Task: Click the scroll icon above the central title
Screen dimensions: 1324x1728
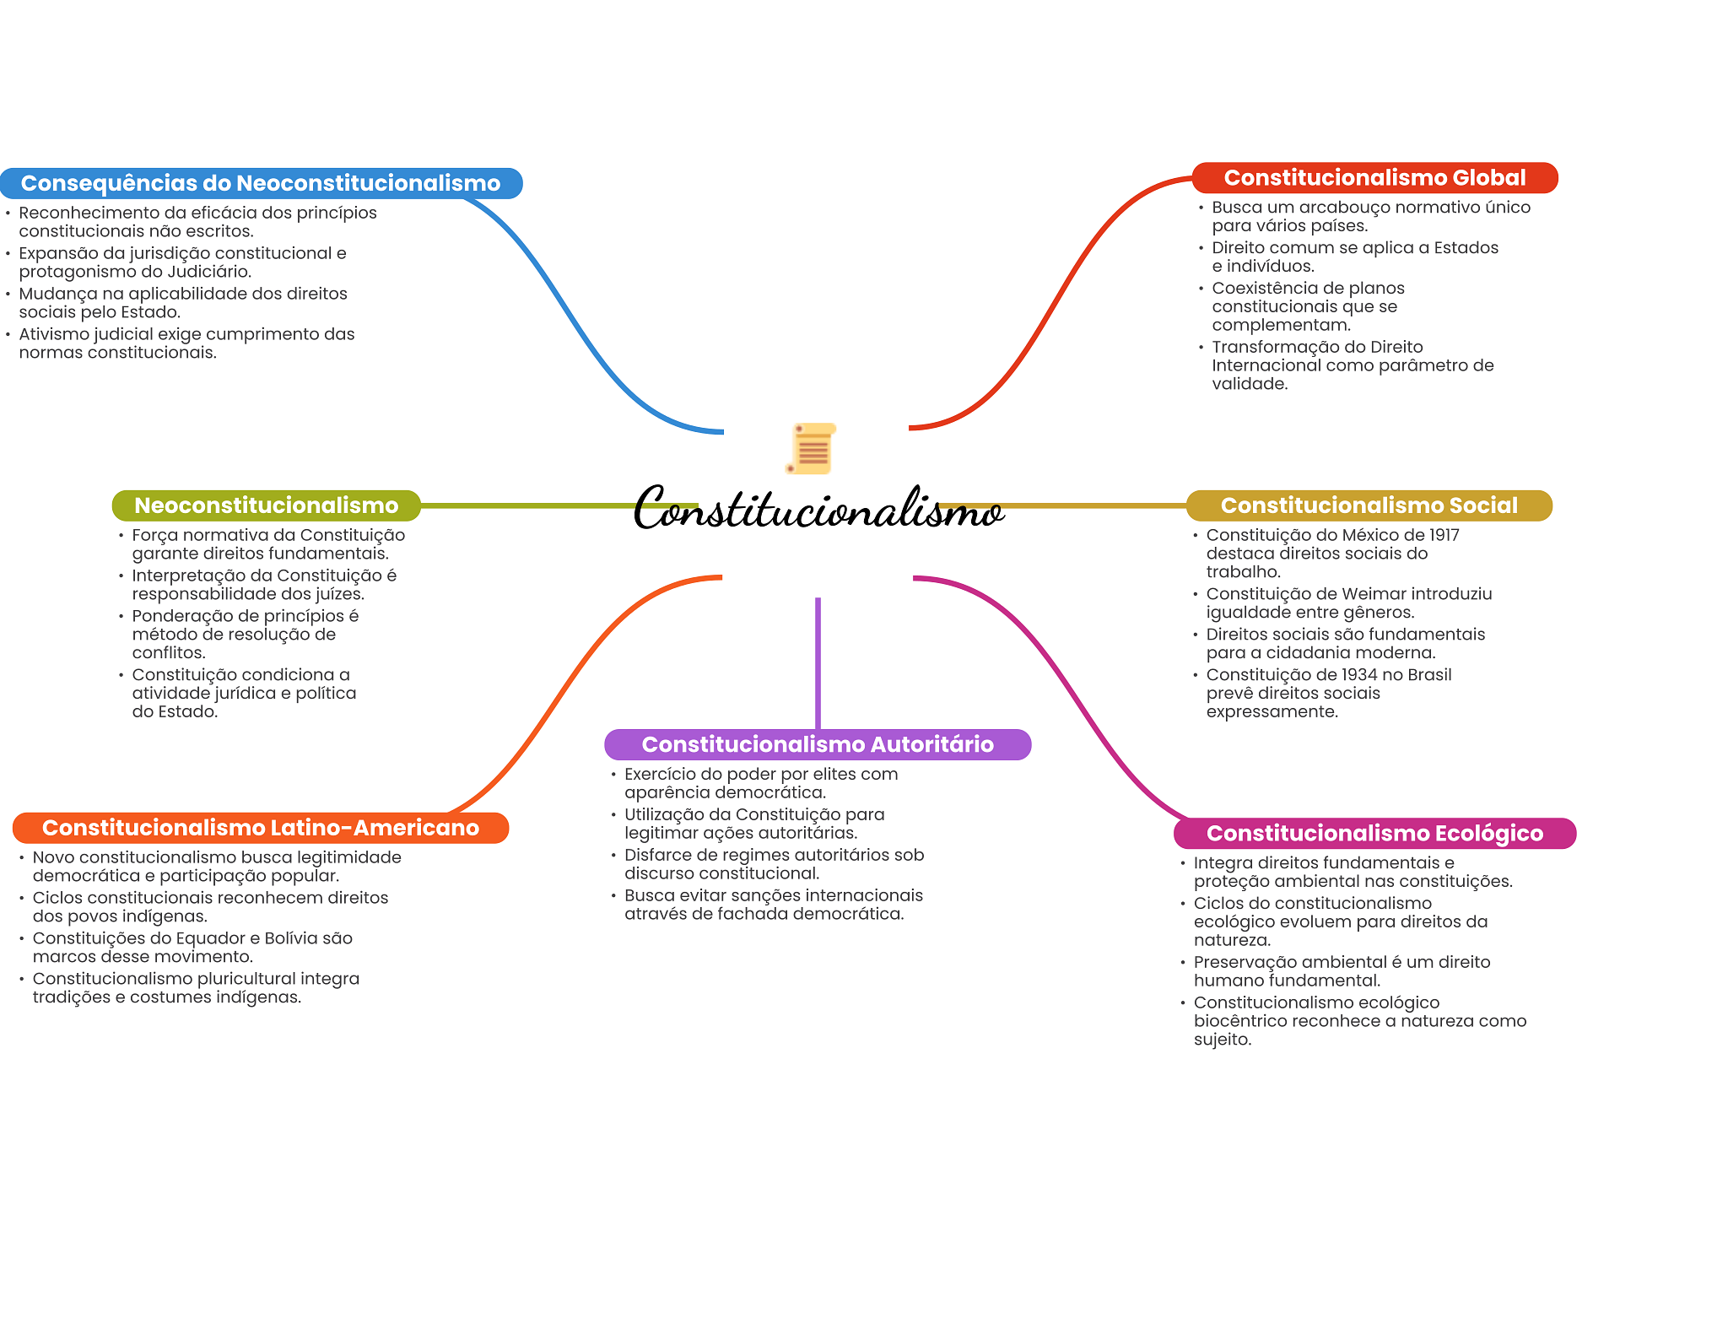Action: [812, 448]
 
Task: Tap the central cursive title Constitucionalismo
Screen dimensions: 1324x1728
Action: [818, 509]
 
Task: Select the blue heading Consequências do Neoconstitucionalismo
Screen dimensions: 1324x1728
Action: [261, 183]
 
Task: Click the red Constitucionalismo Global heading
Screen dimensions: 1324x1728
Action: [1374, 178]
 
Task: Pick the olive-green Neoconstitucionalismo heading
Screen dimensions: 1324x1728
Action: [267, 505]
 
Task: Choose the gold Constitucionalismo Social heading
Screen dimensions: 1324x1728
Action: [1369, 505]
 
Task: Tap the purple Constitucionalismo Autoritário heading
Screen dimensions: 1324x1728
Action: [818, 744]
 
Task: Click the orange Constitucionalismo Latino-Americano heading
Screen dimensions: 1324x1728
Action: [261, 828]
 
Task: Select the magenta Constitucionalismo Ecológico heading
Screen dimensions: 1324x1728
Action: [1374, 834]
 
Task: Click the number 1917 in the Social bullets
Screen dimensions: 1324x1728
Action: [1444, 535]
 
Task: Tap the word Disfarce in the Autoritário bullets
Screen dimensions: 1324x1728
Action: [655, 855]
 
